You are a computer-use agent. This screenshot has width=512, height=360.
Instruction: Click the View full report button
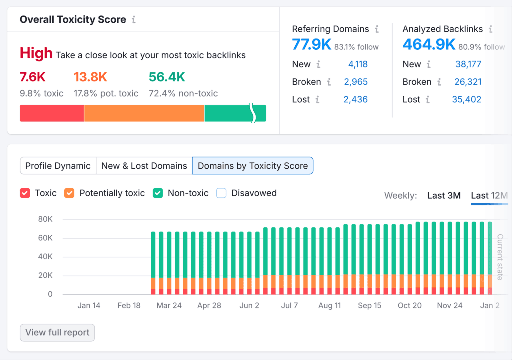[57, 333]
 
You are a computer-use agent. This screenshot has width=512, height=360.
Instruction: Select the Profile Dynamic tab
[58, 166]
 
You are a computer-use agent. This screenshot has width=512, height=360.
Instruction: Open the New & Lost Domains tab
[144, 166]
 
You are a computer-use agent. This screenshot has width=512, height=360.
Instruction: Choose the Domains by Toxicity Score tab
[253, 166]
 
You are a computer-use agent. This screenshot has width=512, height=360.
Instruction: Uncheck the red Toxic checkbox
[25, 193]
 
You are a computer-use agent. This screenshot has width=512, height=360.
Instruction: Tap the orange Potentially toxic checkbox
[69, 193]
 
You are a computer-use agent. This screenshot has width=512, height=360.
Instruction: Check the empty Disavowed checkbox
[221, 193]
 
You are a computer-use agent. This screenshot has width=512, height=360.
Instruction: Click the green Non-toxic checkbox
[158, 193]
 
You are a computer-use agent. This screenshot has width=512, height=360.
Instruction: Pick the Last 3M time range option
[444, 195]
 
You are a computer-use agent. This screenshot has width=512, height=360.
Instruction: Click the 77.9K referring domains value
[312, 45]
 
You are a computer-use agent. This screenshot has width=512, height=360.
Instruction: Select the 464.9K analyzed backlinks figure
[429, 45]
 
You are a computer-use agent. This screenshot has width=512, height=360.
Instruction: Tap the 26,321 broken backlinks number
[468, 82]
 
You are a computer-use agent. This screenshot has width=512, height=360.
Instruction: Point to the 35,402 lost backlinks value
[466, 99]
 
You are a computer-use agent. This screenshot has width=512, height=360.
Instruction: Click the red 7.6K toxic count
[33, 77]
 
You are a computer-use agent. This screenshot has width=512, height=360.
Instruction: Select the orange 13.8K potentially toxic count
[90, 77]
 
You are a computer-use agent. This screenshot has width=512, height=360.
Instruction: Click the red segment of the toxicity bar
[52, 113]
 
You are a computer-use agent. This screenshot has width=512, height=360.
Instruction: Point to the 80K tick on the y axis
[45, 219]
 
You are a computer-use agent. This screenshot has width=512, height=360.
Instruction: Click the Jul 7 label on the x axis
[290, 305]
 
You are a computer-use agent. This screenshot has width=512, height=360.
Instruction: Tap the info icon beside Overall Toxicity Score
[133, 20]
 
